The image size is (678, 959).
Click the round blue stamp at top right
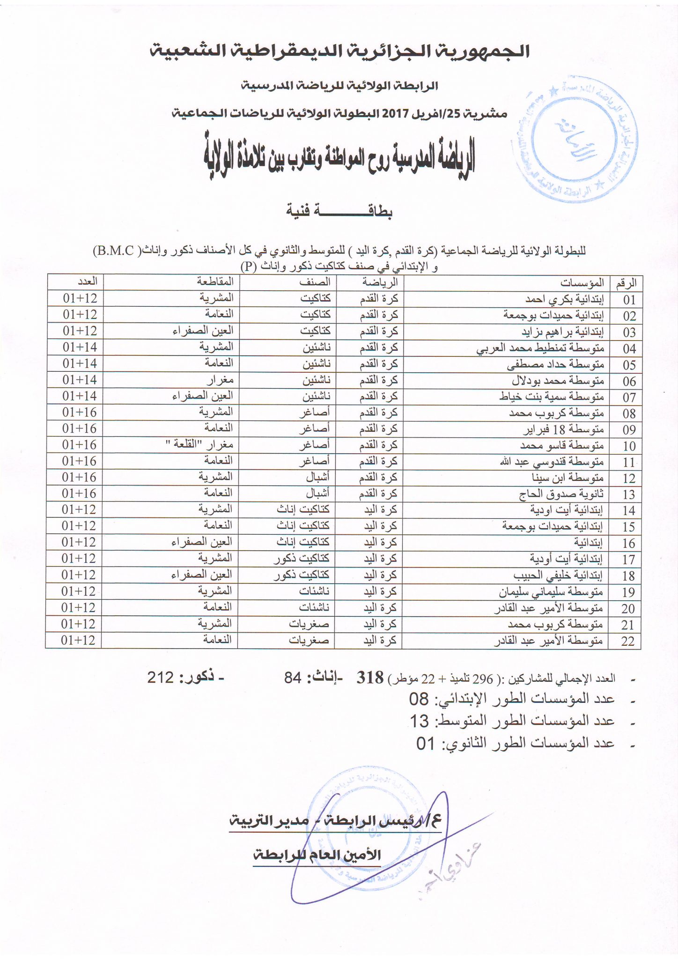tap(577, 139)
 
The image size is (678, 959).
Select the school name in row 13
tap(562, 494)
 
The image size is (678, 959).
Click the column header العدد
tap(87, 281)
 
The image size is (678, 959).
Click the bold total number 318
tap(370, 677)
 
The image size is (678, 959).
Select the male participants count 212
tap(161, 677)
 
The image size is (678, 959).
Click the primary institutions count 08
tap(419, 700)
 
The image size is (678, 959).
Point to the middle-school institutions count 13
tap(420, 721)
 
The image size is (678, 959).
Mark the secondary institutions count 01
tap(426, 743)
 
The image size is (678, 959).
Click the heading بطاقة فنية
tap(339, 211)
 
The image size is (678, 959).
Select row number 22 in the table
tap(627, 641)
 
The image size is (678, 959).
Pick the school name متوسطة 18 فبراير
tap(563, 429)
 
